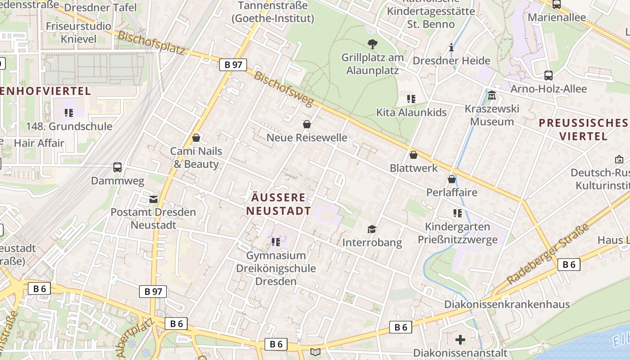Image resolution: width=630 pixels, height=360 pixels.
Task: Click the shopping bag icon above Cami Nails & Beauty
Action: pyautogui.click(x=196, y=138)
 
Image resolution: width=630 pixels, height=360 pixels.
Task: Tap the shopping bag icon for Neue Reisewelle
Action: pyautogui.click(x=307, y=124)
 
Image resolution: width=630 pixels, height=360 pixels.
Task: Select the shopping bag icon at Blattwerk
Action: pyautogui.click(x=414, y=155)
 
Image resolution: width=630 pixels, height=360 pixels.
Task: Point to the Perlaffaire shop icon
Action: pyautogui.click(x=452, y=179)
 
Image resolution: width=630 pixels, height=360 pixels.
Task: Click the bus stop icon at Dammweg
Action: pyautogui.click(x=117, y=167)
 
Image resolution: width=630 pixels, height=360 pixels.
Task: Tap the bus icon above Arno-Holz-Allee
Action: pyautogui.click(x=548, y=76)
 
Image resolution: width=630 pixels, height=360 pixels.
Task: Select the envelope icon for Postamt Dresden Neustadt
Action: pyautogui.click(x=153, y=199)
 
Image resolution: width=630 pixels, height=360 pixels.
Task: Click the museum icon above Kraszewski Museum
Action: pyautogui.click(x=491, y=95)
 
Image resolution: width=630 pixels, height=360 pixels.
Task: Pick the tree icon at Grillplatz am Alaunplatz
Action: pyautogui.click(x=372, y=44)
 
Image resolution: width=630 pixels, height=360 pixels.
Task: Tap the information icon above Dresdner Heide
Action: pyautogui.click(x=451, y=48)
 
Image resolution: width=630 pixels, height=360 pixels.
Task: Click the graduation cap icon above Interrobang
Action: pyautogui.click(x=372, y=229)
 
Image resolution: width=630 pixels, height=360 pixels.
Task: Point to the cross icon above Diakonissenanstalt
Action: pyautogui.click(x=460, y=339)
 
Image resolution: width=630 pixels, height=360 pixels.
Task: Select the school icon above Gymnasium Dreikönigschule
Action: pyautogui.click(x=276, y=242)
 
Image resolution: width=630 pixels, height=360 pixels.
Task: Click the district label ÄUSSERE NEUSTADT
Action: pyautogui.click(x=279, y=204)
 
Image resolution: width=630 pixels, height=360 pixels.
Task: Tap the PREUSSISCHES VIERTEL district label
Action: pyautogui.click(x=583, y=129)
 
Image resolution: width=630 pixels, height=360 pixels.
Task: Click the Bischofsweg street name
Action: pyautogui.click(x=283, y=89)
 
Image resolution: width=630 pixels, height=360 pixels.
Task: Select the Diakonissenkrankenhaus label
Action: pyautogui.click(x=507, y=304)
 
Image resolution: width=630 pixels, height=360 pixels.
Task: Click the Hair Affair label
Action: pyautogui.click(x=39, y=143)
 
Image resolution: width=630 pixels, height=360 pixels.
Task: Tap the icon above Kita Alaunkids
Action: pyautogui.click(x=411, y=99)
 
